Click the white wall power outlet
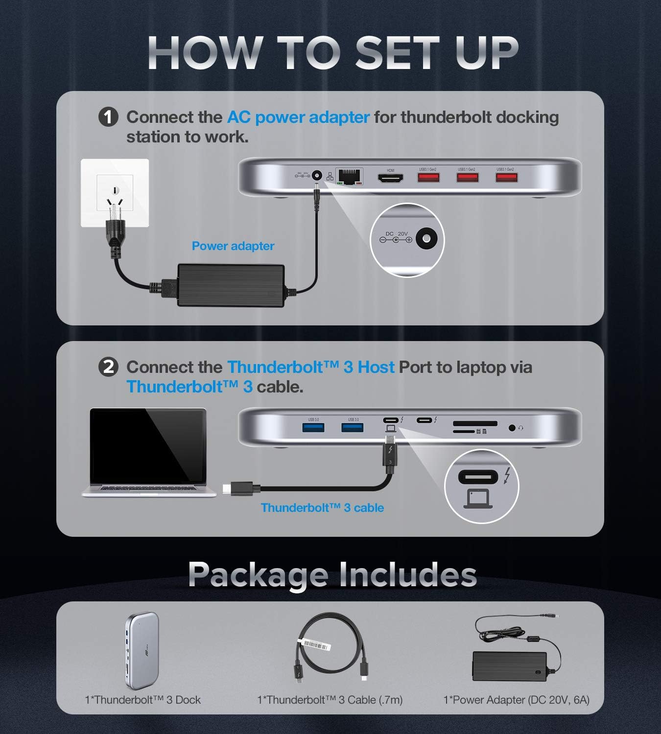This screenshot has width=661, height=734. (x=115, y=193)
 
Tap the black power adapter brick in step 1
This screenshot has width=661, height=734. (x=231, y=285)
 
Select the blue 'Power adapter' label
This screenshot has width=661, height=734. (x=233, y=246)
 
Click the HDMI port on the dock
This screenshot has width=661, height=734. (x=390, y=178)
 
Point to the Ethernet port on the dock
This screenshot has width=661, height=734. (x=349, y=177)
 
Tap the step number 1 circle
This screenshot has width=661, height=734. (x=108, y=117)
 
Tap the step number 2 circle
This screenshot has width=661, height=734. (x=108, y=367)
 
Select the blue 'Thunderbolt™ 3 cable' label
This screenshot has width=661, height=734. (x=322, y=508)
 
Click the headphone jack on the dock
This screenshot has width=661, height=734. (x=512, y=428)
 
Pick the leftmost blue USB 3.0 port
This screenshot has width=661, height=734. (x=313, y=428)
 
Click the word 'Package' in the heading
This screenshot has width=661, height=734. (x=258, y=574)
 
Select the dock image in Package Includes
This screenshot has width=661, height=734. (x=142, y=650)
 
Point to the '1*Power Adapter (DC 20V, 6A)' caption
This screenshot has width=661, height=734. (x=516, y=700)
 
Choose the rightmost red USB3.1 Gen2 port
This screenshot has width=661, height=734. (x=506, y=177)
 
